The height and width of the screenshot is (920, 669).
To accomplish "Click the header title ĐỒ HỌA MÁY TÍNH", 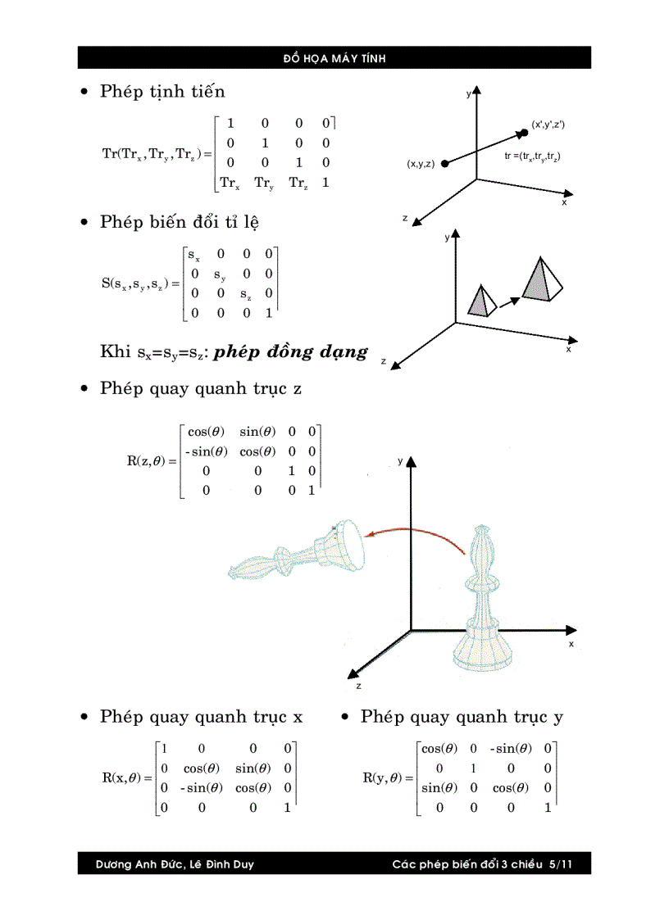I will [x=334, y=58].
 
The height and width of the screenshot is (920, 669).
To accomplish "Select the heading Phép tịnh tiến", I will [x=162, y=91].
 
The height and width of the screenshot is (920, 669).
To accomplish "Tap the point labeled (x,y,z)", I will [x=444, y=164].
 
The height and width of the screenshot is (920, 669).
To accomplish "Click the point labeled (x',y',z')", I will [x=523, y=131].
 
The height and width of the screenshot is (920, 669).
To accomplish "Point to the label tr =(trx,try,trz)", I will [x=532, y=156].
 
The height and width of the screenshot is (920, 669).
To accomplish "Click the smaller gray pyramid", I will [x=480, y=301].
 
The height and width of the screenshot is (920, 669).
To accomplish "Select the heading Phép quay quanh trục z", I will [x=201, y=388].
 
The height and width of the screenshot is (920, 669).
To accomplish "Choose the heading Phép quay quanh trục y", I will [x=462, y=717].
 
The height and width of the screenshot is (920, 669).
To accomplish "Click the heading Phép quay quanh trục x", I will [x=201, y=717].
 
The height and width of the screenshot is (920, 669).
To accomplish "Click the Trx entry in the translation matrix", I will [x=230, y=184].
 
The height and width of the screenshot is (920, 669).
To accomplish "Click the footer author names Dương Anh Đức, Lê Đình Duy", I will [x=175, y=864].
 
